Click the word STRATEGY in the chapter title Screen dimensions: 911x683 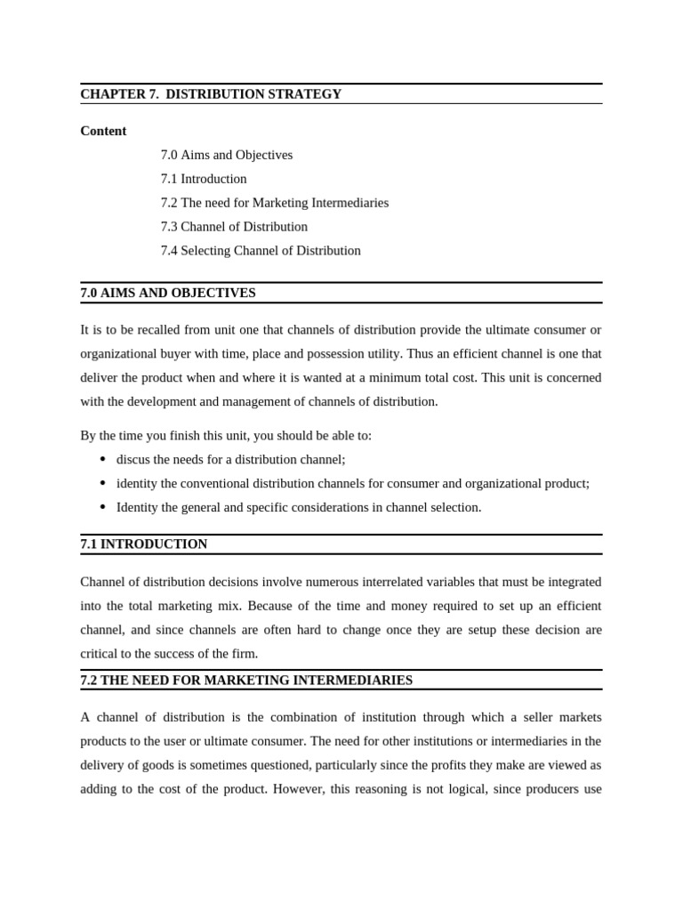click(x=308, y=94)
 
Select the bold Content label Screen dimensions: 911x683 click(x=103, y=131)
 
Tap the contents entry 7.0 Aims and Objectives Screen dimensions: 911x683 click(x=227, y=155)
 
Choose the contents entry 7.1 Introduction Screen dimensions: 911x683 click(x=204, y=179)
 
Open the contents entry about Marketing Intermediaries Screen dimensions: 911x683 click(x=275, y=203)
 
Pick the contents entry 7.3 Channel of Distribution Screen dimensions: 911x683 click(x=234, y=227)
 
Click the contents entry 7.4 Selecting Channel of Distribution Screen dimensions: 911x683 click(x=261, y=251)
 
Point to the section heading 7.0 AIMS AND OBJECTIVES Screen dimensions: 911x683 click(x=168, y=293)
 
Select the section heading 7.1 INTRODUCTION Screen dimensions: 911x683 click(x=144, y=544)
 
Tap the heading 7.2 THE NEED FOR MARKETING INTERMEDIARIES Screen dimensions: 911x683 click(x=246, y=681)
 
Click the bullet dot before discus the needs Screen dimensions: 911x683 click(x=102, y=459)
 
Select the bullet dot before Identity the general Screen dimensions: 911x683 click(x=102, y=507)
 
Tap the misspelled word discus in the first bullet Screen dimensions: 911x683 click(x=134, y=460)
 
